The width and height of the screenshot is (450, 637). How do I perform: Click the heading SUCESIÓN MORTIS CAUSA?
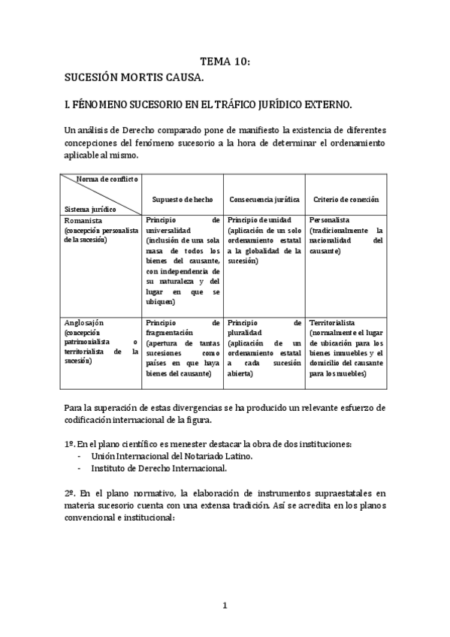(x=134, y=77)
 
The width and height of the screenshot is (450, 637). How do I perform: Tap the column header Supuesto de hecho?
(x=183, y=200)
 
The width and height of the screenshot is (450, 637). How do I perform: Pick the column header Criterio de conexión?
(x=345, y=200)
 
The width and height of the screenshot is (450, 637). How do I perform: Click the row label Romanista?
(x=83, y=220)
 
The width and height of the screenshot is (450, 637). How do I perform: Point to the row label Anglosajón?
(x=84, y=322)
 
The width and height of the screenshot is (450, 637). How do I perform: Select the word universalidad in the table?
(x=169, y=230)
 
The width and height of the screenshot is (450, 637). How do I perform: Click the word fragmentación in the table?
(x=170, y=332)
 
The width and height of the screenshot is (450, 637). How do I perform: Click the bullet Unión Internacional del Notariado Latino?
(x=172, y=456)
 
